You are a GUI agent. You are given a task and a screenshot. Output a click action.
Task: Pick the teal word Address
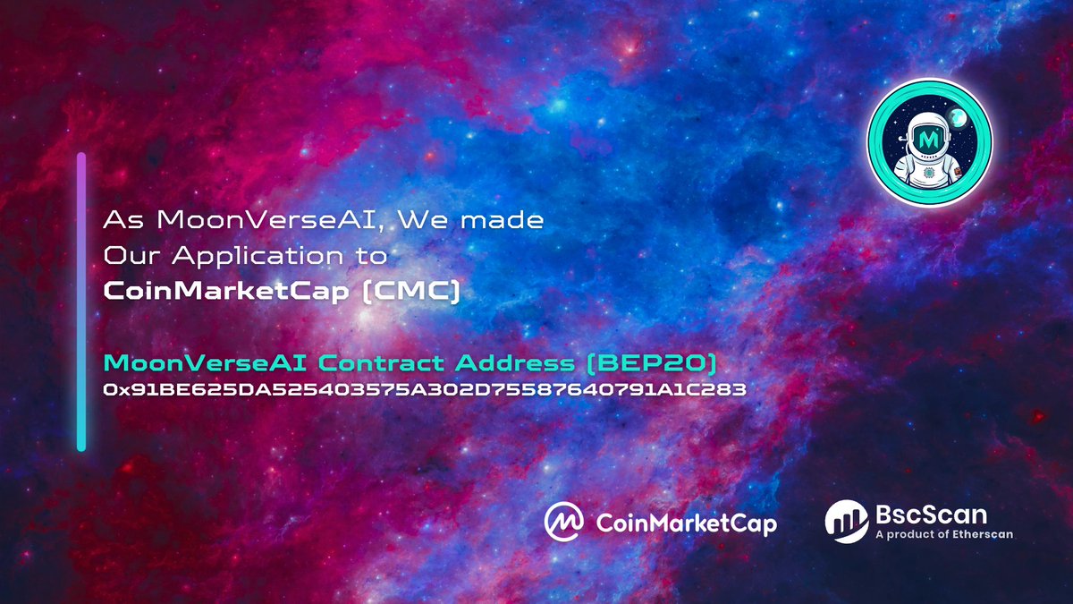pyautogui.click(x=529, y=363)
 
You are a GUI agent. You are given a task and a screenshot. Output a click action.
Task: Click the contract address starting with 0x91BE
pyautogui.click(x=426, y=390)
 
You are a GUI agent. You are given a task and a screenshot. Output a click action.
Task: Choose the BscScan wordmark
pyautogui.click(x=932, y=515)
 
